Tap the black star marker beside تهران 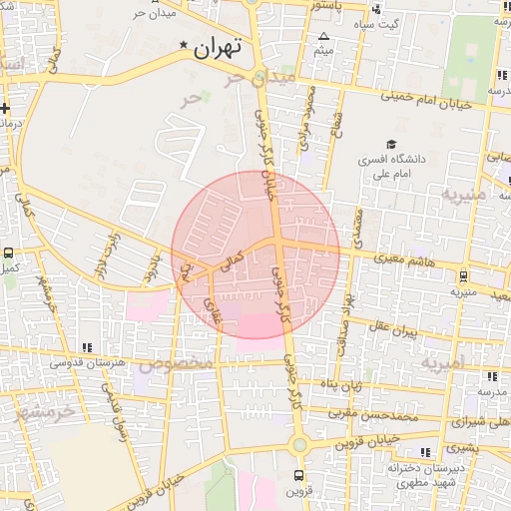coord(183,46)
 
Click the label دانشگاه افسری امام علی coord(396,166)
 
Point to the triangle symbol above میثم coord(323,37)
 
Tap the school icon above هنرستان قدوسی coord(88,347)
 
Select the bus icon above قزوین coord(298,475)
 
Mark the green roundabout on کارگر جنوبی coord(298,444)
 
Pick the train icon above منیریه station coord(464,277)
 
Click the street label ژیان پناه coord(344,385)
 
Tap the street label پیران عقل coord(392,328)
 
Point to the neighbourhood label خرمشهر coord(44,411)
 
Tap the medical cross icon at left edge coord(5,107)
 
